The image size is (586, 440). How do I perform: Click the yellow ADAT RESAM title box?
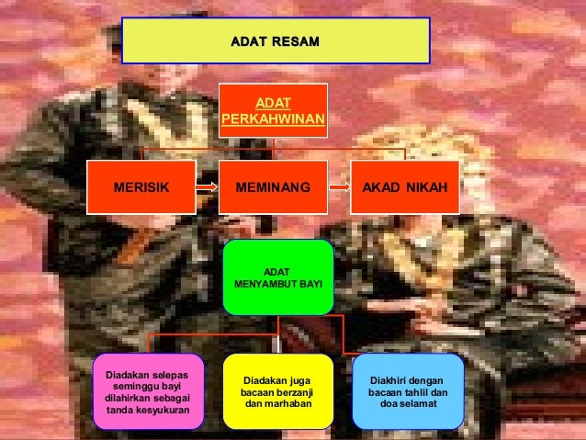pos(276,41)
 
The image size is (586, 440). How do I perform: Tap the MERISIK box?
pos(141,186)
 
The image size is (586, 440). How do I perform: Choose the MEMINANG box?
pos(273,186)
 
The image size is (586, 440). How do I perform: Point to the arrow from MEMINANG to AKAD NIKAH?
pos(340,186)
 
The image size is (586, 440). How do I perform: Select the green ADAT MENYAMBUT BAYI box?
pos(278,277)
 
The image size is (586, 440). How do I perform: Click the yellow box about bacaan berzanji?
pos(277,392)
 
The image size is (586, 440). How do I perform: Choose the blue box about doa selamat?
pos(408,392)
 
